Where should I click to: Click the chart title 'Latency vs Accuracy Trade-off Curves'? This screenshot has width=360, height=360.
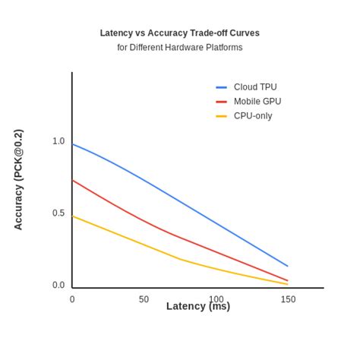tap(180, 33)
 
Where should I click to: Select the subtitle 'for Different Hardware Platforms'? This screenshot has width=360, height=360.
tap(180, 47)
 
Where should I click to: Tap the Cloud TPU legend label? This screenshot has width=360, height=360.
tap(255, 87)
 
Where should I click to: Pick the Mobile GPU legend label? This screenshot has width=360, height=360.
tap(257, 102)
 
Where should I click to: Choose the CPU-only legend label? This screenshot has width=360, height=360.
tap(253, 116)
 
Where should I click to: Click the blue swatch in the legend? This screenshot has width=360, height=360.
tap(221, 87)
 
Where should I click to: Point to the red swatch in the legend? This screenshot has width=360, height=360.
tap(221, 102)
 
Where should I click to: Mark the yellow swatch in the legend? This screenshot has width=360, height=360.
tap(221, 116)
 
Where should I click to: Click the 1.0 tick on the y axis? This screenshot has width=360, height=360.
tap(58, 141)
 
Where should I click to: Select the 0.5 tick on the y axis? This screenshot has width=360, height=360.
tap(58, 213)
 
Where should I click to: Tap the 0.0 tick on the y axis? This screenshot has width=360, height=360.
tap(58, 286)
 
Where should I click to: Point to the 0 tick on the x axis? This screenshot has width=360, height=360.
tap(72, 299)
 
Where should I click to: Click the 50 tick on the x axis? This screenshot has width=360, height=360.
tap(144, 299)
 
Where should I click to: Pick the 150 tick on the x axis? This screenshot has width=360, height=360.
tap(288, 299)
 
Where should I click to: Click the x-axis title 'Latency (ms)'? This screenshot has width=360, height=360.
tap(198, 306)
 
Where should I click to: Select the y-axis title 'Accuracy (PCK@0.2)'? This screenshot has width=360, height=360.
tap(19, 180)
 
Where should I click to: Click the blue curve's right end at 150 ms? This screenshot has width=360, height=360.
tap(288, 266)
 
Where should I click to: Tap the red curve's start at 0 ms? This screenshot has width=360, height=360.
tap(73, 180)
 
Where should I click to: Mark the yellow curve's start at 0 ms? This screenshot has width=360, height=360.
tap(73, 216)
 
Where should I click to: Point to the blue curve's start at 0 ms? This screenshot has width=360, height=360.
tap(73, 144)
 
